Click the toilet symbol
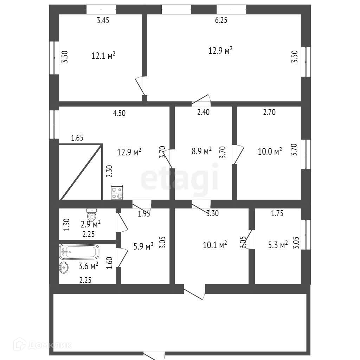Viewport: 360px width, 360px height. (92, 214)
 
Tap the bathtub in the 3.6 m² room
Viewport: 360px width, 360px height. (79, 252)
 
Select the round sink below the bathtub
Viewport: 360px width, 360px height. (64, 268)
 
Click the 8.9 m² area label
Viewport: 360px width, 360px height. (202, 151)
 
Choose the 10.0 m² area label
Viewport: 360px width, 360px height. (270, 152)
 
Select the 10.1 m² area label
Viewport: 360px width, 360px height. (215, 245)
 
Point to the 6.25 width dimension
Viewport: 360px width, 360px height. (221, 20)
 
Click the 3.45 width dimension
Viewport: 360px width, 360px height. (103, 20)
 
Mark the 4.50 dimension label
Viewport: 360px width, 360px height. (119, 113)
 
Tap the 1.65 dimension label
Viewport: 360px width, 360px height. (77, 138)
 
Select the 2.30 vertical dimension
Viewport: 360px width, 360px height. (110, 171)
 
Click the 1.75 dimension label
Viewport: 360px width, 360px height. (277, 213)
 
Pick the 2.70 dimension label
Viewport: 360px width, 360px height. (269, 112)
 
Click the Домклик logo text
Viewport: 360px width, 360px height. (49, 345)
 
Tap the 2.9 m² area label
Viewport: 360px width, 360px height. (91, 224)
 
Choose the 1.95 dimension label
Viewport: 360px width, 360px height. (144, 213)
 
